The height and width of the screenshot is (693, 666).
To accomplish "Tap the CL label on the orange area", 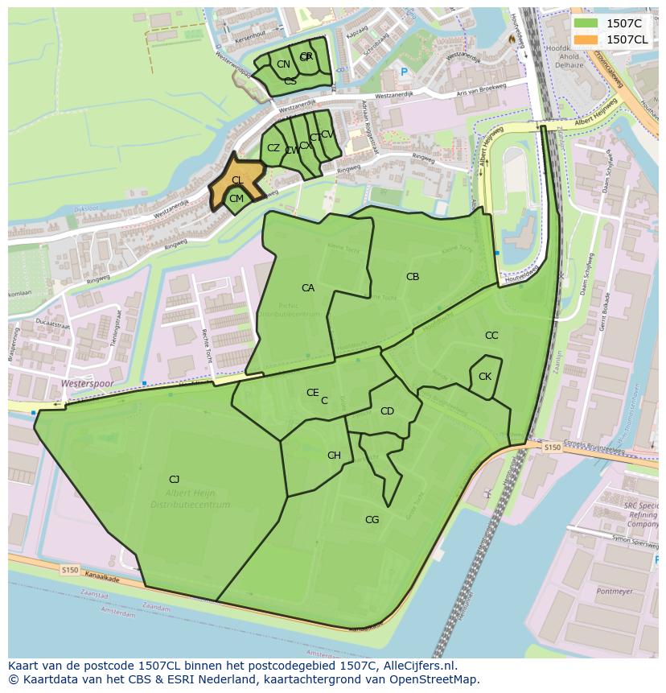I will (x=237, y=180).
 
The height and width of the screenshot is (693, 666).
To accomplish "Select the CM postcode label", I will (x=236, y=199).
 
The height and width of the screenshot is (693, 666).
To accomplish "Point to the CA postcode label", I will (x=308, y=288).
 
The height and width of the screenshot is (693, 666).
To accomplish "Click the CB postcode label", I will (x=413, y=277).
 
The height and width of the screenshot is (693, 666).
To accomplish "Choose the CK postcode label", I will (x=485, y=377).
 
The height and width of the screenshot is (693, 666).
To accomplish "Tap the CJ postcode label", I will (x=174, y=480).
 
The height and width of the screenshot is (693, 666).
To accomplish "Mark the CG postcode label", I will (x=372, y=520).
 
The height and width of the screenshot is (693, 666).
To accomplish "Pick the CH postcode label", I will (x=334, y=456).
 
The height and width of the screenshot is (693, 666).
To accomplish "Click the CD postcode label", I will (x=387, y=411).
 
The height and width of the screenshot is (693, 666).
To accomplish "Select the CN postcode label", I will (x=283, y=64).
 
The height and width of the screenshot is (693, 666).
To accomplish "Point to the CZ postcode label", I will (x=273, y=148).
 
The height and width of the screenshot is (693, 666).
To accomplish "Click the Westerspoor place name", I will (x=87, y=384).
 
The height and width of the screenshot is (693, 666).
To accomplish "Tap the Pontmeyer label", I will (x=615, y=591).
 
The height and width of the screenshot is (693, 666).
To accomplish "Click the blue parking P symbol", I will (x=404, y=73).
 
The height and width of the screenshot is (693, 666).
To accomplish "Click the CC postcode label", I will (x=491, y=336).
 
